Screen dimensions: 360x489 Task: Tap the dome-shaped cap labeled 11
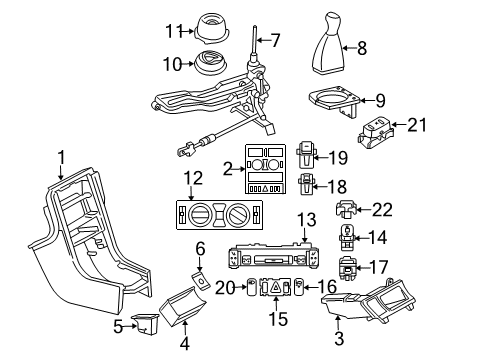pyautogui.click(x=208, y=24)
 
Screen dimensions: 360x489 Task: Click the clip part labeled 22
pyautogui.click(x=346, y=211)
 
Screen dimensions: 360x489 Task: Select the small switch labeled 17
pyautogui.click(x=347, y=268)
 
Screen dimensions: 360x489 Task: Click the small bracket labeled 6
pyautogui.click(x=199, y=286)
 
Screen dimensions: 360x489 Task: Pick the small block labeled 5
pyautogui.click(x=146, y=325)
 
